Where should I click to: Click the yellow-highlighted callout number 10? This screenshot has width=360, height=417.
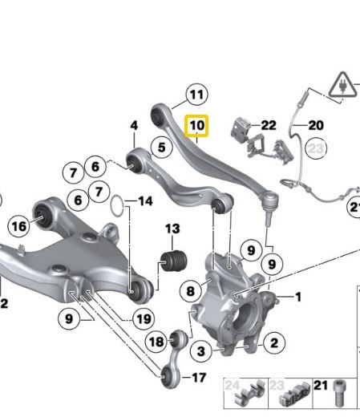(196, 126)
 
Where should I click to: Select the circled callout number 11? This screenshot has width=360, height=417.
(196, 95)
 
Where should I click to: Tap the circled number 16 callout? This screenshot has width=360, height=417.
(18, 226)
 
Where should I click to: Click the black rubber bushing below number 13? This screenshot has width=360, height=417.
(174, 260)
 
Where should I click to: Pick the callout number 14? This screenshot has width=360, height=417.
(144, 200)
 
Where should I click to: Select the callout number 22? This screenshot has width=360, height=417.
(268, 125)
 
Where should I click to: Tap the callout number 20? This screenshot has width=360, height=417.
(315, 125)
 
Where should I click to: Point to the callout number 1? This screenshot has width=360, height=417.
(298, 298)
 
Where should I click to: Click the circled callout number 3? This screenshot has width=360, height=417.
(201, 350)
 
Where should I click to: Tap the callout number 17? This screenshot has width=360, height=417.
(199, 377)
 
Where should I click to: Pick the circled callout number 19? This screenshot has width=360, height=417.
(143, 318)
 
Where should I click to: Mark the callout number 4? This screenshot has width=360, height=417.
(134, 125)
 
